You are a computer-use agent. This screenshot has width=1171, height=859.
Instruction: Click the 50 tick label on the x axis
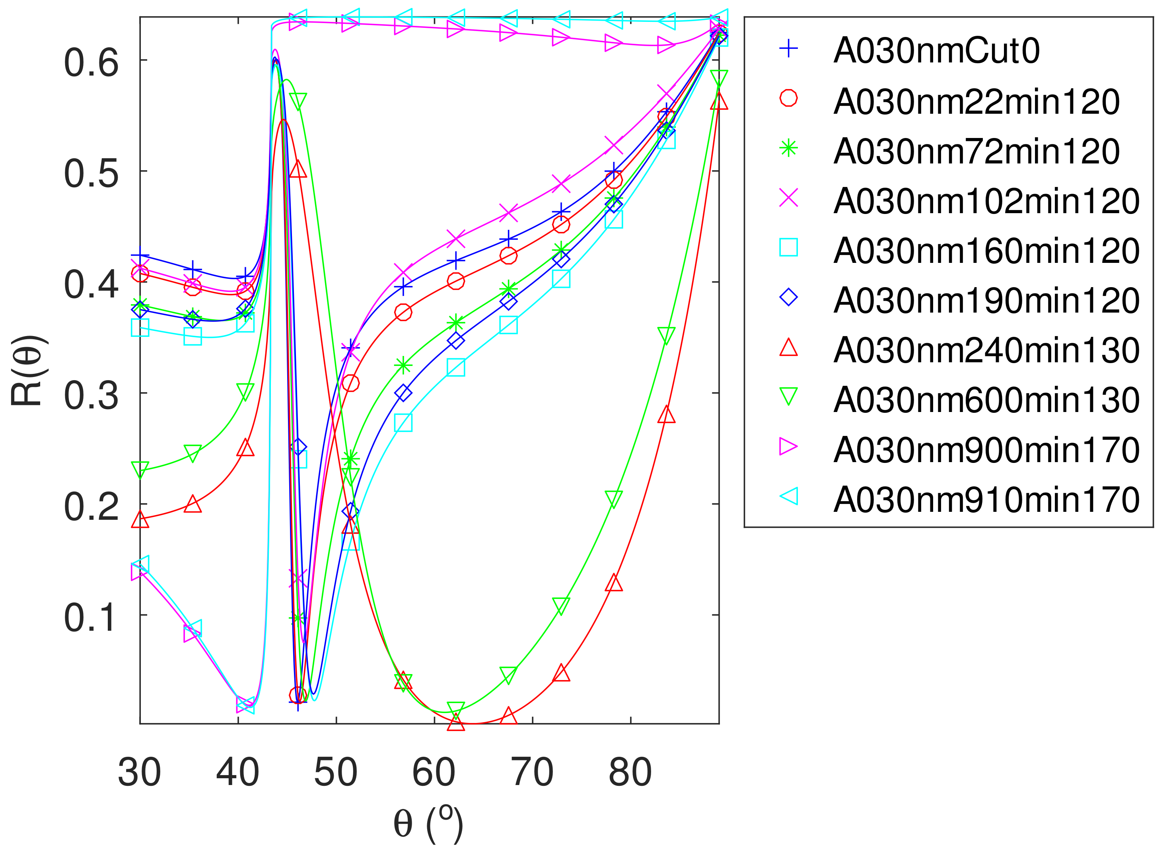click(336, 772)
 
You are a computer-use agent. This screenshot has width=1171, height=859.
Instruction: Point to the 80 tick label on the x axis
click(630, 772)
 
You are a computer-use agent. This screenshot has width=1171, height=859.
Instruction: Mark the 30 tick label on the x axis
click(139, 772)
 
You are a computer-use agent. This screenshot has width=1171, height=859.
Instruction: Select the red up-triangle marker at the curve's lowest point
click(456, 722)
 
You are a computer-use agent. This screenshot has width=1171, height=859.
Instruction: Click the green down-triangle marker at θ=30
click(140, 469)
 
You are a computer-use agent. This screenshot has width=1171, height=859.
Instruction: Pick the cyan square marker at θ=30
click(140, 328)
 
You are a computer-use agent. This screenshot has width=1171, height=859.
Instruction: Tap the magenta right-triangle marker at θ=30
click(139, 571)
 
